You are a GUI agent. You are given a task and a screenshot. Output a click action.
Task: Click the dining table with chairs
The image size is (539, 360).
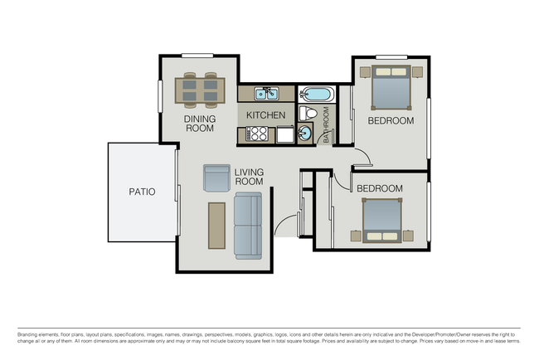pos(200,90)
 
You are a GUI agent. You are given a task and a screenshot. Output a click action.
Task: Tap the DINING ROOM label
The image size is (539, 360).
pos(200,124)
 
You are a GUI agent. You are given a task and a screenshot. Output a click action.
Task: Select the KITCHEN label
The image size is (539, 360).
pos(265,115)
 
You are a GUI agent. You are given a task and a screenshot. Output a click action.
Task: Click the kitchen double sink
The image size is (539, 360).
pos(266,94)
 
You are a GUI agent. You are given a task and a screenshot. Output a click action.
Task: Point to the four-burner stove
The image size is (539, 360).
pos(258,134)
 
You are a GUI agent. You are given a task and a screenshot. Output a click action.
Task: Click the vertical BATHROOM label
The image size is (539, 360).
pos(326,124)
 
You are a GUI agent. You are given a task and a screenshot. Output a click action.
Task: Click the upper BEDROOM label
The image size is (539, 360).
pos(391,121)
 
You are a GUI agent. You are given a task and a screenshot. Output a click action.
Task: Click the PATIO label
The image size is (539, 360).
pos(142,192)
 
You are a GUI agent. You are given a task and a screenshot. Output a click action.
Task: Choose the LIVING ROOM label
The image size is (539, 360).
pos(248,177)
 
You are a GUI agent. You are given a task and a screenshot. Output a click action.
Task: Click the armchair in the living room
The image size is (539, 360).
pos(216,178)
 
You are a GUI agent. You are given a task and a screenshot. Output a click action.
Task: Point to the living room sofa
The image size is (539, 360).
pos(247,223)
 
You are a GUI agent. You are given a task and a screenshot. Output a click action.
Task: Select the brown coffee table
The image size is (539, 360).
pos(217,224)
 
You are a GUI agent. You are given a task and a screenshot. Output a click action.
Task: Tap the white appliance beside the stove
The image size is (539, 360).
pos(284,134)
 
